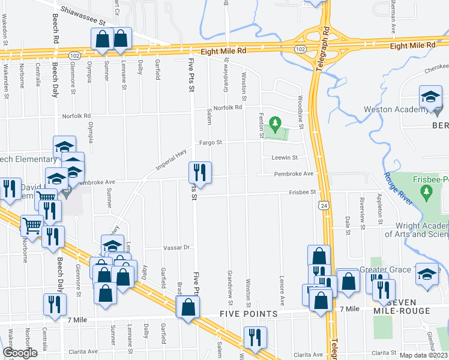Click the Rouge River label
(x=398, y=188)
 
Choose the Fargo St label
(x=211, y=143)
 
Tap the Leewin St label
(x=286, y=158)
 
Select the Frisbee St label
(x=303, y=192)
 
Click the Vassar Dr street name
(x=177, y=247)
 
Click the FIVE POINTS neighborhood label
(x=249, y=314)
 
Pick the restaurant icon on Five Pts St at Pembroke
(x=200, y=173)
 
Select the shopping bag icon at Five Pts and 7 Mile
(x=188, y=308)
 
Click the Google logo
(x=20, y=353)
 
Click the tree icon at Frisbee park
(x=427, y=191)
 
